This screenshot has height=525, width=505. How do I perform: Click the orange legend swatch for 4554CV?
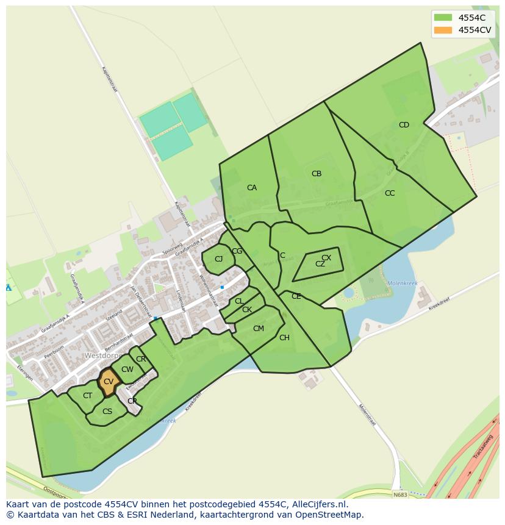(443, 30)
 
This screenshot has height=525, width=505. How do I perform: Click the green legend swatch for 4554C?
(443, 18)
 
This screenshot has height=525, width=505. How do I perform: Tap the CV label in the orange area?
(108, 382)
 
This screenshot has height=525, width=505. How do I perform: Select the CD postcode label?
(404, 125)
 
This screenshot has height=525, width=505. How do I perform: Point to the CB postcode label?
(317, 174)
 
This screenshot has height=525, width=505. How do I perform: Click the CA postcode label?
(252, 188)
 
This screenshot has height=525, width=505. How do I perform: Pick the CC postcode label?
(390, 193)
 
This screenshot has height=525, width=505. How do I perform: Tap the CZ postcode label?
(320, 264)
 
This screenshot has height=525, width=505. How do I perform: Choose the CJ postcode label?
(219, 259)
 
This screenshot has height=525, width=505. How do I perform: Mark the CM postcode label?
(259, 329)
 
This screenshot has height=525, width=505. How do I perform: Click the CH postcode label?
(284, 338)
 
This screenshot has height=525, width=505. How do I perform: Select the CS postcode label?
(107, 412)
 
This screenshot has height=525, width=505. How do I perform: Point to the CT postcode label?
(88, 396)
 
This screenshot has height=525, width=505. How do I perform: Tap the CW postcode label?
(127, 370)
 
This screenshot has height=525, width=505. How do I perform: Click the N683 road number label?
(400, 495)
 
